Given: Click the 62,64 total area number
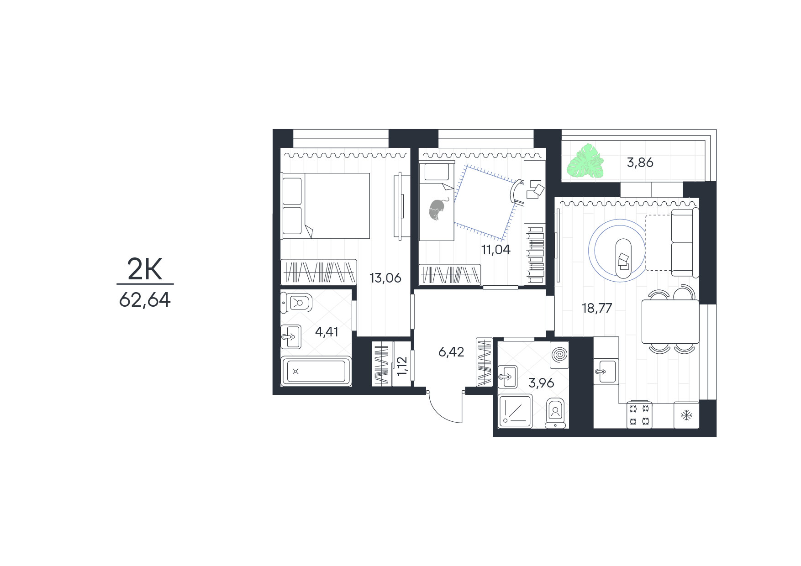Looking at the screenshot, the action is tap(145, 300).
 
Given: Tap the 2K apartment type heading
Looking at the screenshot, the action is tap(145, 270).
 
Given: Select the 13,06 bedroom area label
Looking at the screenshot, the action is tap(385, 278).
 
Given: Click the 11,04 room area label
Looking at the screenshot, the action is tap(496, 250).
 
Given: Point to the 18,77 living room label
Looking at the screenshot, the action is tap(597, 308).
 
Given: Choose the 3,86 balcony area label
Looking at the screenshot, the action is tap(640, 162).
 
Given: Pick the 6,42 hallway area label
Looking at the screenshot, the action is tap(451, 352).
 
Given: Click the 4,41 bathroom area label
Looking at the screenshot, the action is tap(327, 331).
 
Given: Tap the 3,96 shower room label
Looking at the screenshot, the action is tap(541, 383).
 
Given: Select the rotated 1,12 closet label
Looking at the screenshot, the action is tap(402, 366).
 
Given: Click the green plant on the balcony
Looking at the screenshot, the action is tap(585, 161).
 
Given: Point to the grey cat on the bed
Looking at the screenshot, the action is tap(437, 210).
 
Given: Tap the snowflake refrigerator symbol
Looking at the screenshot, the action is tap(686, 415).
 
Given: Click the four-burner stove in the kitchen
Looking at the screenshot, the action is tap(639, 415).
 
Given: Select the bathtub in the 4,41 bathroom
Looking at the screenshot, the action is tap(316, 371).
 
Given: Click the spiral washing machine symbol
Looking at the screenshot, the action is tap(560, 355).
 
